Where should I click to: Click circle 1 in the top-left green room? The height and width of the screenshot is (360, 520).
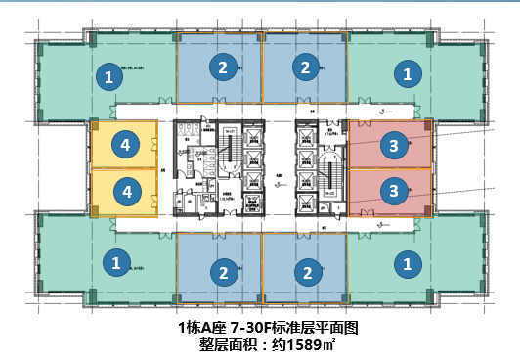(109, 74)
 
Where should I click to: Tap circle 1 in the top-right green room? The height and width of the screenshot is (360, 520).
(408, 72)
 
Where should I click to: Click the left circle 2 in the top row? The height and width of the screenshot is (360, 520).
(224, 67)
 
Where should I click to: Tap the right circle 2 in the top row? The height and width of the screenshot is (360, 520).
(306, 67)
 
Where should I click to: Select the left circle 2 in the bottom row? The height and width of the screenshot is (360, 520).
(224, 272)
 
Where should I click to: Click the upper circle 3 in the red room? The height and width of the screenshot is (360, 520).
(393, 145)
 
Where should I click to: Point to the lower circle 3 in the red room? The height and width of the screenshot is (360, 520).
(393, 189)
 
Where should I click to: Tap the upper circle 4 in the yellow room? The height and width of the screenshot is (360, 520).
(124, 145)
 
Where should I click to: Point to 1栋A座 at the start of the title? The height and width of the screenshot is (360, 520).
(200, 327)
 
